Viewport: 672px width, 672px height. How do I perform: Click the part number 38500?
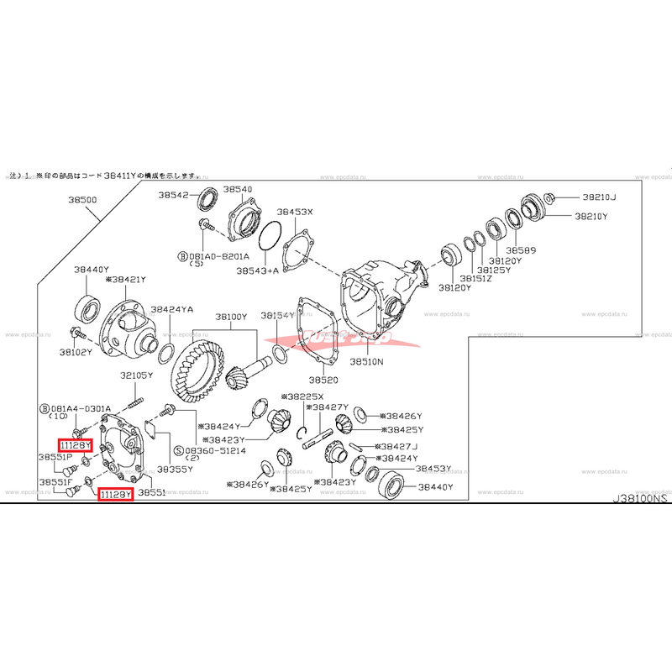pos(82,202)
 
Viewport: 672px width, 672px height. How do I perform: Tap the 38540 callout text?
pos(238,191)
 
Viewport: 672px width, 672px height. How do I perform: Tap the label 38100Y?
pos(231,317)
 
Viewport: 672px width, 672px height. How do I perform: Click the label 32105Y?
pos(136,375)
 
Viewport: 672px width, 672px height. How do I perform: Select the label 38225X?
pos(307,396)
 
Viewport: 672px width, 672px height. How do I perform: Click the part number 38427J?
pos(398,446)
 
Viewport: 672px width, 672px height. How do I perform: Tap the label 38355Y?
pos(174,468)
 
